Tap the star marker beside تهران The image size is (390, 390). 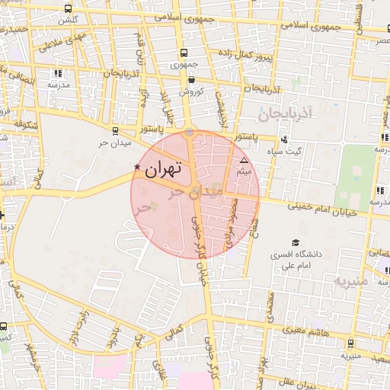pos(137,167)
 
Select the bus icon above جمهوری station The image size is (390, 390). pos(184,53)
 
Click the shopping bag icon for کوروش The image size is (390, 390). pos(190,78)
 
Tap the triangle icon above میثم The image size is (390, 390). pos(244,161)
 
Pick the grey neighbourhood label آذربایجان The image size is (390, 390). pos(286,115)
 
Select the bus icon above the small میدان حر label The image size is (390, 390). pos(115,130)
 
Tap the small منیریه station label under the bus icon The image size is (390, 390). pos(350,356)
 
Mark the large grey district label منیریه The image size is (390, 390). pos(350,281)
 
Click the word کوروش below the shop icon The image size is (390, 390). pos(190,91)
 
